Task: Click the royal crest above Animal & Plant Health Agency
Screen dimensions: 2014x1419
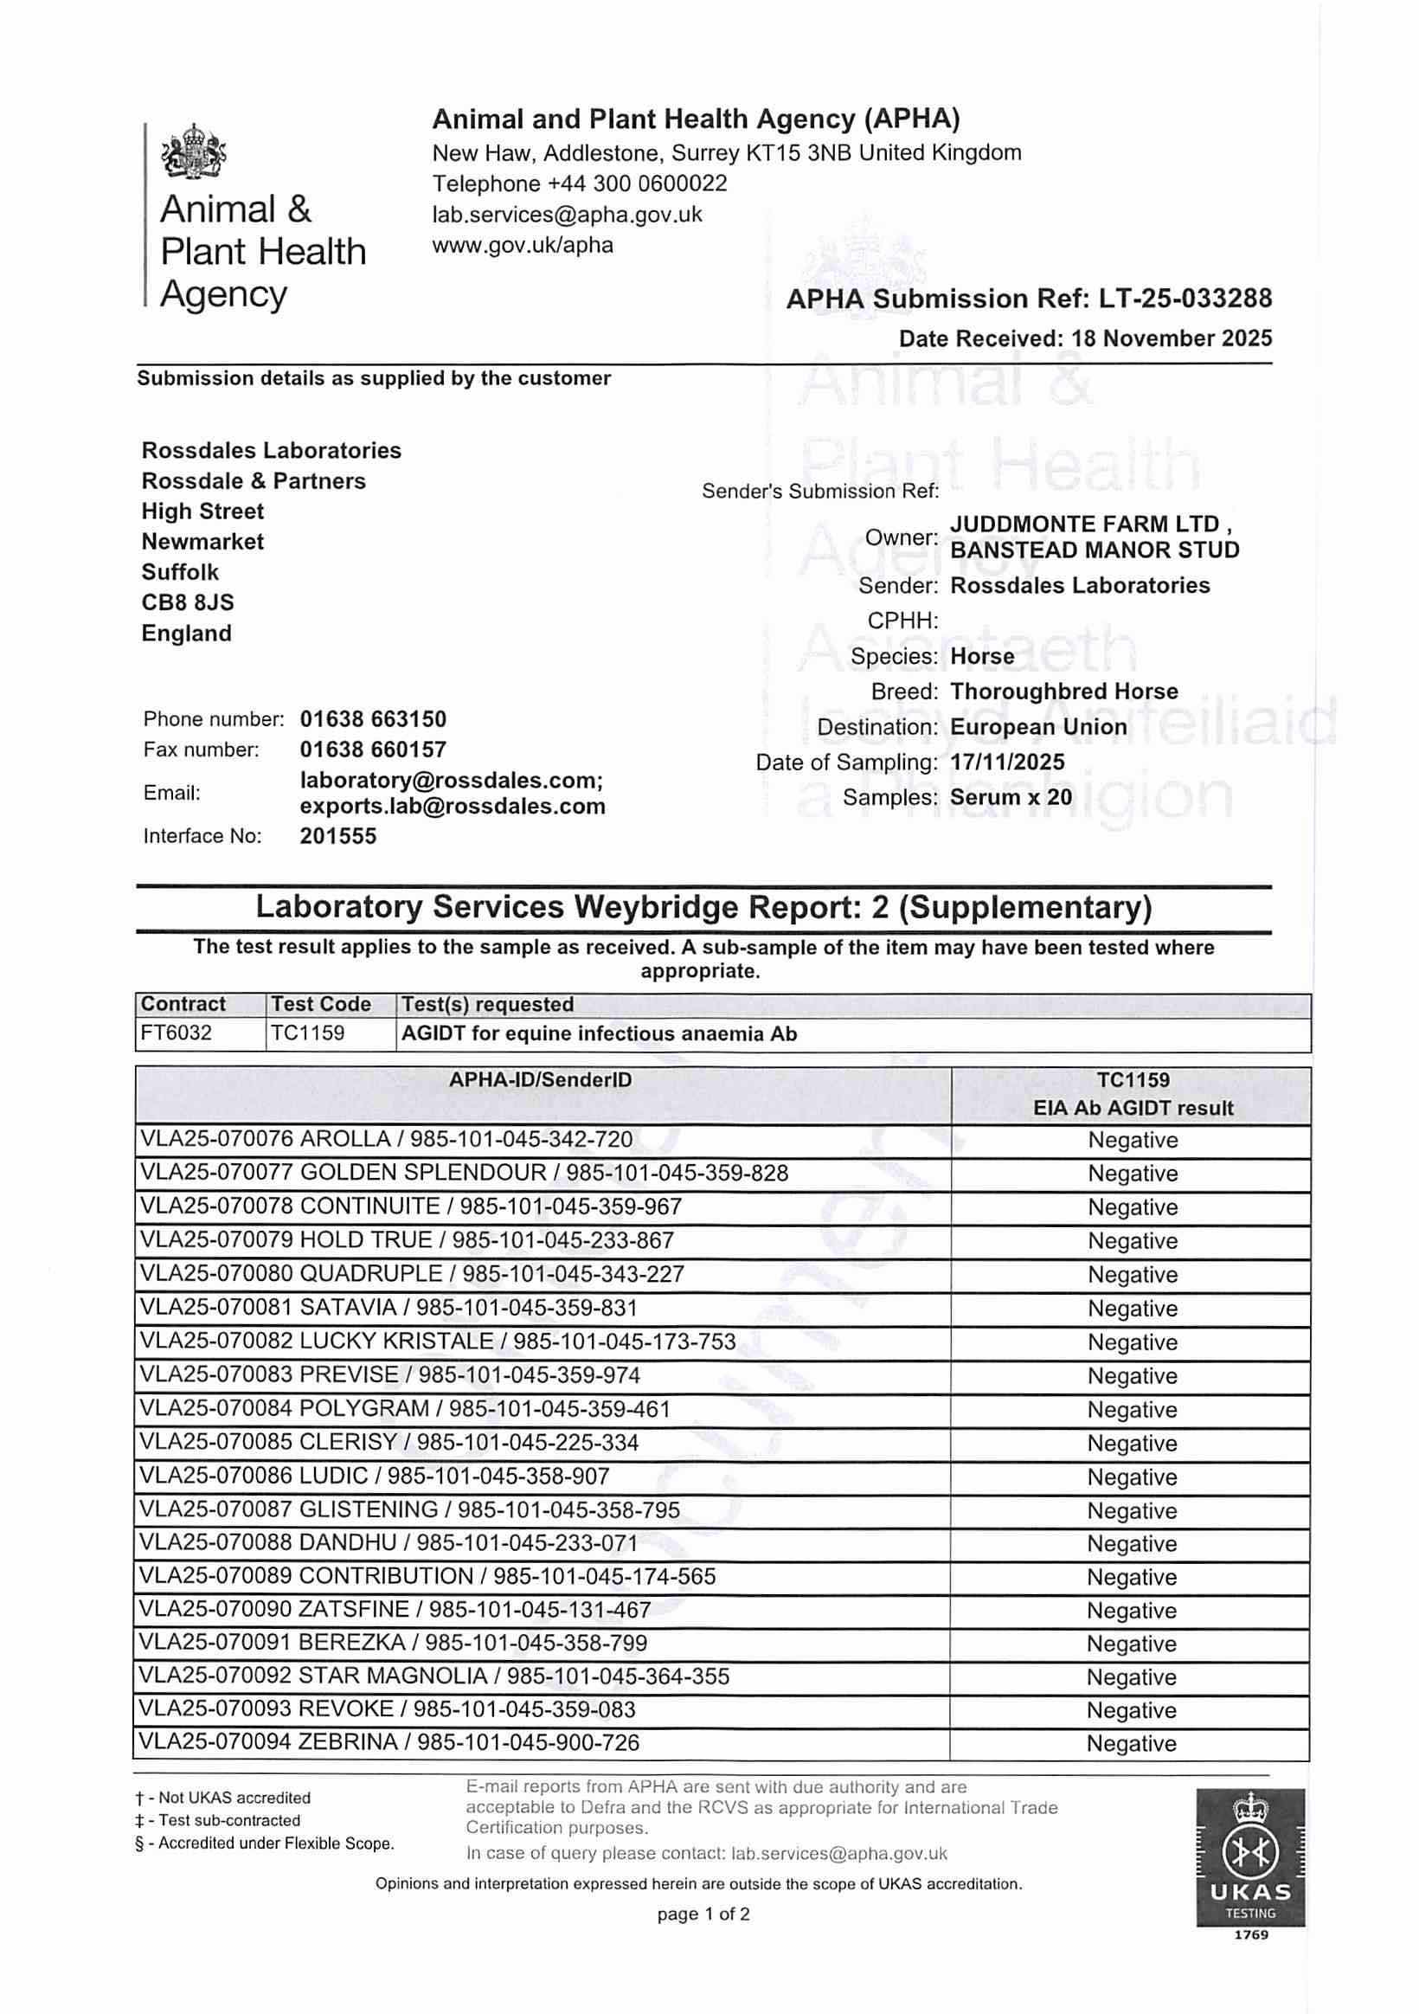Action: pos(194,152)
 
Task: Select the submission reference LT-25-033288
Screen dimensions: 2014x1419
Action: pos(1185,299)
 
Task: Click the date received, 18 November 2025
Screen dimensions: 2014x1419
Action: pos(1178,338)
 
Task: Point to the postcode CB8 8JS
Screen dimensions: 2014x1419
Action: pos(188,602)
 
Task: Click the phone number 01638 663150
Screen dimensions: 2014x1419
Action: pos(373,719)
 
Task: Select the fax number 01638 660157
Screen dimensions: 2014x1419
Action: pos(373,750)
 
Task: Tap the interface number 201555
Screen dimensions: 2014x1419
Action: pos(337,836)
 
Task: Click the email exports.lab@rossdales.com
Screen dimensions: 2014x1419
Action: pos(453,806)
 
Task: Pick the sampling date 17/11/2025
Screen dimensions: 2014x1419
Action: pos(1007,762)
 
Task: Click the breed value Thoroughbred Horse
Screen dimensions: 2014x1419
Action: pos(1063,692)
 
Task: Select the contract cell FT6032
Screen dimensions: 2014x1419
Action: pos(177,1033)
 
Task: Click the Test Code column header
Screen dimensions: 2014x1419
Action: pos(321,1004)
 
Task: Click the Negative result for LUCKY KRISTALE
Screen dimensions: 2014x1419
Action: pos(1133,1342)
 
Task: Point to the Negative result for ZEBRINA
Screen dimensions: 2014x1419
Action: pos(1132,1744)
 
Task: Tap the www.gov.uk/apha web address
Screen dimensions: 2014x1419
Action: pos(523,245)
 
